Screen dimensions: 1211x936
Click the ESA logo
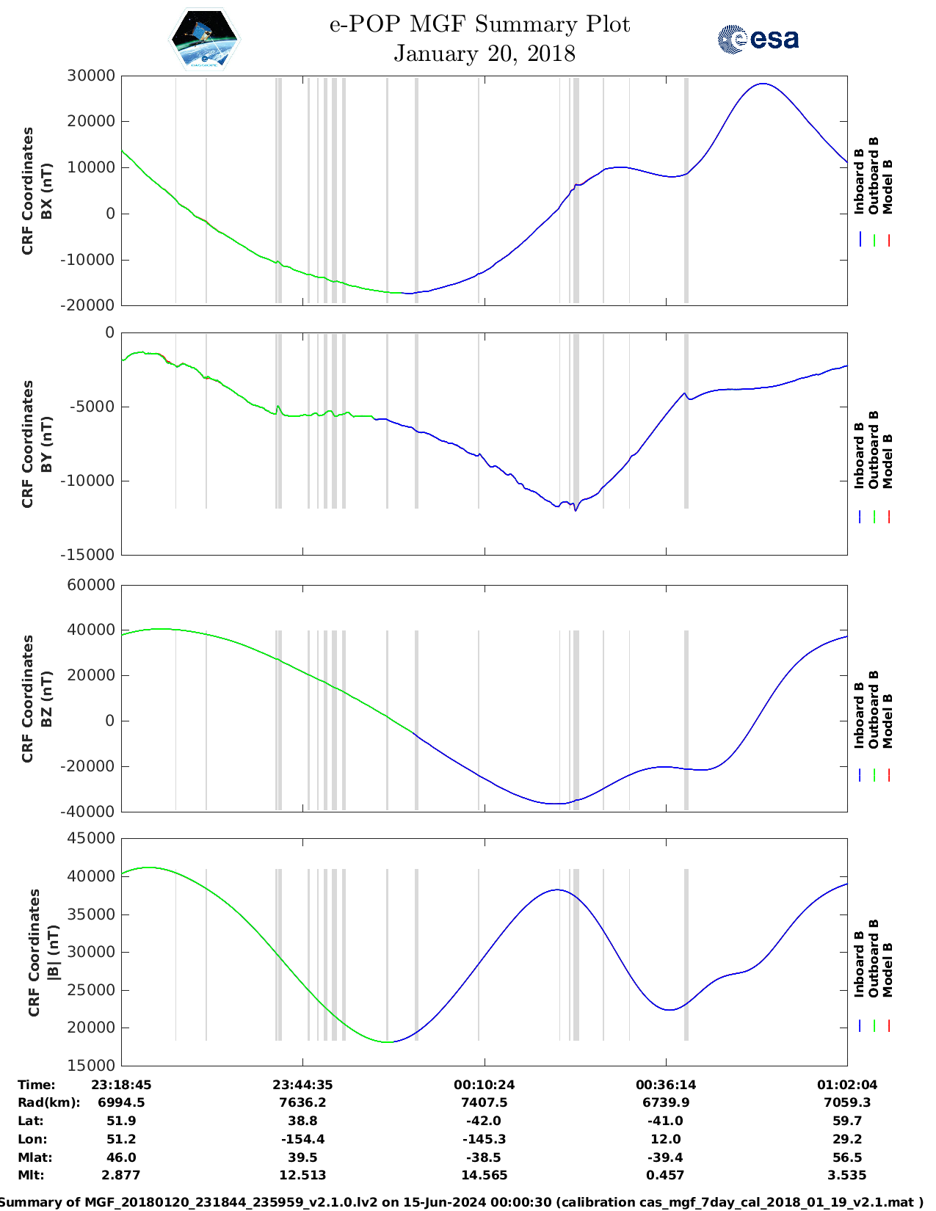click(758, 38)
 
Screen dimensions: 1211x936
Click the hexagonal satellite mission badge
click(205, 38)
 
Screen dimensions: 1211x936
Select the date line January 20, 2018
click(484, 54)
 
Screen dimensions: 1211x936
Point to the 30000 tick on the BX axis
click(91, 76)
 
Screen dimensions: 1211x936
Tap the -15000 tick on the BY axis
click(91, 555)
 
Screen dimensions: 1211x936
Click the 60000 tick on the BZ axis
click(91, 585)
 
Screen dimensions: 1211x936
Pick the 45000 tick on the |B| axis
click(91, 838)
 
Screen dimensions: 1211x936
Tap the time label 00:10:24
click(484, 1085)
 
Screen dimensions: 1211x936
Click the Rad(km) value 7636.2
click(302, 1102)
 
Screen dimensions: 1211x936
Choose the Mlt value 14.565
click(484, 1175)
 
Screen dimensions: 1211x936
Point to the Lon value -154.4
click(302, 1139)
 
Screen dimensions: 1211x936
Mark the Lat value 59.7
click(846, 1121)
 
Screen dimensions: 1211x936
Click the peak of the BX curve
click(763, 84)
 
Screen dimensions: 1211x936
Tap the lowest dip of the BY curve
click(576, 510)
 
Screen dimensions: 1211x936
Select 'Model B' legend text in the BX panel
click(888, 187)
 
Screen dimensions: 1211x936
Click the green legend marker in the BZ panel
click(874, 774)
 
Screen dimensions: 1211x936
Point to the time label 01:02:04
click(846, 1085)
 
